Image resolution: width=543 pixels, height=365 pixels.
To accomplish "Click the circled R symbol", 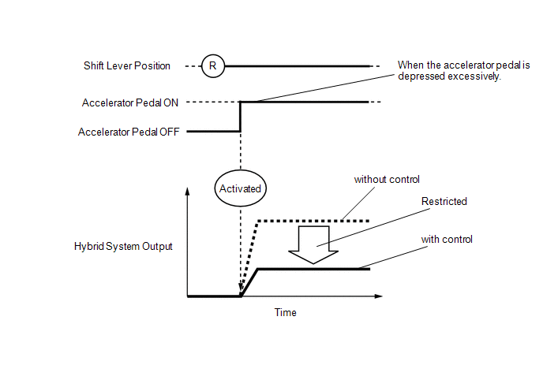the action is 213,65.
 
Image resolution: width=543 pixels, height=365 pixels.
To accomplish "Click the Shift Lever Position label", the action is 127,65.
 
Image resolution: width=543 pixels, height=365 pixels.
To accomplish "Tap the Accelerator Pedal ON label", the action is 130,102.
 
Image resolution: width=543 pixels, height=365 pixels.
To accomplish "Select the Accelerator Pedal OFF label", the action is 129,132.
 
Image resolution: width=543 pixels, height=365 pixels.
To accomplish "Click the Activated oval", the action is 241,188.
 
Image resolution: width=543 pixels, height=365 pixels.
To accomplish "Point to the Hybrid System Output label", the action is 123,246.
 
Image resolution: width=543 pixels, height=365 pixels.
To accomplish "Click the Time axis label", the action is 286,312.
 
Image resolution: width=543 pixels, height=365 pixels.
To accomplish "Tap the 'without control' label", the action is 387,179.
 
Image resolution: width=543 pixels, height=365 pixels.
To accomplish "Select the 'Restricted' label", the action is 444,201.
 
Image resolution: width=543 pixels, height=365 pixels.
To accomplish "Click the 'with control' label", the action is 447,240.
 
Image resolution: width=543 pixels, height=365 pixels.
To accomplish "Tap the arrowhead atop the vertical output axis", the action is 187,191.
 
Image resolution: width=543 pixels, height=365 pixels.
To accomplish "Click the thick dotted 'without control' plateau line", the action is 313,221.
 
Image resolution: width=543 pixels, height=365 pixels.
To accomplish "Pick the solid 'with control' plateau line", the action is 313,269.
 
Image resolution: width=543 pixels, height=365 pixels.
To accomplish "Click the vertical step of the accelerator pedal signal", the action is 241,117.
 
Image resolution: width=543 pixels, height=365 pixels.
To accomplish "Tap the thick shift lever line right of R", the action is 298,65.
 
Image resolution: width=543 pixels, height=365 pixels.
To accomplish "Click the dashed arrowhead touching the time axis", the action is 241,289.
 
